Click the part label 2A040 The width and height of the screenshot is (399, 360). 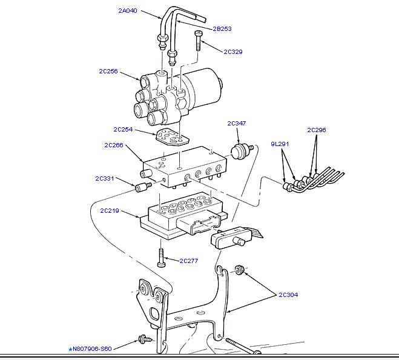128,11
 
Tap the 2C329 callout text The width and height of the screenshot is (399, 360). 232,52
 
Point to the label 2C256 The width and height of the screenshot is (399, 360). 109,71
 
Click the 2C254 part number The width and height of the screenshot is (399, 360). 123,129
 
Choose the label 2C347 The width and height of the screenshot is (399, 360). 237,124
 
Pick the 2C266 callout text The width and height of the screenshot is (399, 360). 114,145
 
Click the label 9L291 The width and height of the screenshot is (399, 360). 280,144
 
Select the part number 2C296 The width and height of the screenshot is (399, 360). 317,130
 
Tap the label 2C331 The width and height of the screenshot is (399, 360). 105,179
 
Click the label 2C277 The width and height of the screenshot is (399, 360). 189,261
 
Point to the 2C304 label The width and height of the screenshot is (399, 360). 288,295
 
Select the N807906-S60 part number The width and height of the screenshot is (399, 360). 90,349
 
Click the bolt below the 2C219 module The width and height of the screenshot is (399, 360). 160,258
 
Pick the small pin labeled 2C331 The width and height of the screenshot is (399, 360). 143,186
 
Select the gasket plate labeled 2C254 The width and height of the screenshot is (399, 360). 169,137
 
